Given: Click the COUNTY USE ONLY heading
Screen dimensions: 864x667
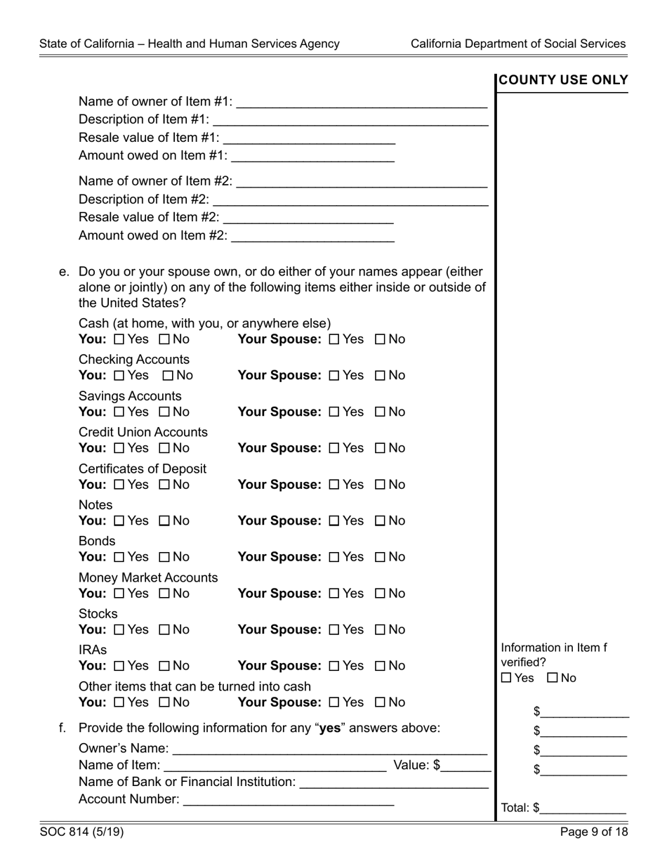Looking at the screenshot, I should pos(563,81).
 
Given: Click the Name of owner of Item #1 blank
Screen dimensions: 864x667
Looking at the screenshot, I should pos(362,103).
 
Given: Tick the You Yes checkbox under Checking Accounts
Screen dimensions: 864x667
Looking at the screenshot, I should pos(119,376).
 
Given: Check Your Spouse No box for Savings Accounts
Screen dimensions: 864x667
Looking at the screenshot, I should pos(381,412).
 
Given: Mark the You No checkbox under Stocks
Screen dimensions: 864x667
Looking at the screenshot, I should pos(165,630).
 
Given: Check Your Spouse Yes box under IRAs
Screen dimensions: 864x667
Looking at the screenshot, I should pos(334,666).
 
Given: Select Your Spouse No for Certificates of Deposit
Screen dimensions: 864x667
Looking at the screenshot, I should pos(381,485).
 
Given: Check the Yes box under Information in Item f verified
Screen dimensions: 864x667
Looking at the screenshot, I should pos(507,679).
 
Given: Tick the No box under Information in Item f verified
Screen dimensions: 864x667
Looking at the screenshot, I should pos(552,679).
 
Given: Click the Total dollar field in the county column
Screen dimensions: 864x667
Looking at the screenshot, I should pos(583,808).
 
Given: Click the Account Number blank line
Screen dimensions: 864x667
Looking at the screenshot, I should pos(288,800).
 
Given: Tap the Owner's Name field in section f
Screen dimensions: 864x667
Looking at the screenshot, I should pos(329,748).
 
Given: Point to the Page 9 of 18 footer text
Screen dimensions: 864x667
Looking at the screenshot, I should pos(594,832).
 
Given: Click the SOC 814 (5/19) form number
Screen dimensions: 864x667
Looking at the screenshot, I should pos(82,832).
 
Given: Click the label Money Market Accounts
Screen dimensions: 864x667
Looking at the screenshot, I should pos(148,577).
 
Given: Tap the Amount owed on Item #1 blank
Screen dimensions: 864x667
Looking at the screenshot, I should pos(312,156).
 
